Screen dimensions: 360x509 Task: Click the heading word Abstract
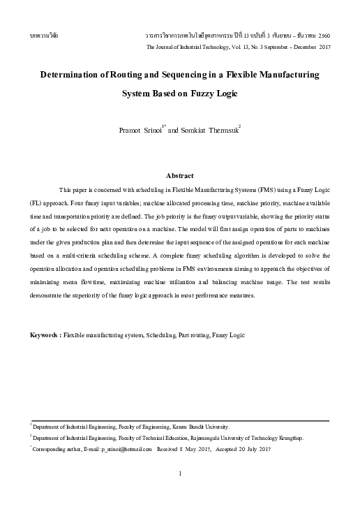[179, 175]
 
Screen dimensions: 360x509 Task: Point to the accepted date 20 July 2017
[254, 450]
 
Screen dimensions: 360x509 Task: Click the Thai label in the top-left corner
[40, 34]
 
